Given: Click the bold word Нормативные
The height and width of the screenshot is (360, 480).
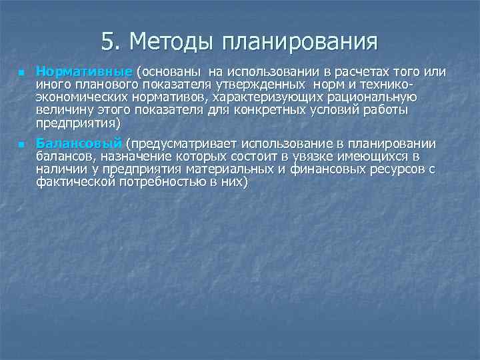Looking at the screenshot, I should click(84, 71).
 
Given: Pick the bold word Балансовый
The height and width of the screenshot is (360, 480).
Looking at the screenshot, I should click(79, 144).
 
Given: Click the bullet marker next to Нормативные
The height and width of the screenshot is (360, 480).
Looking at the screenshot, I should click(21, 72).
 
